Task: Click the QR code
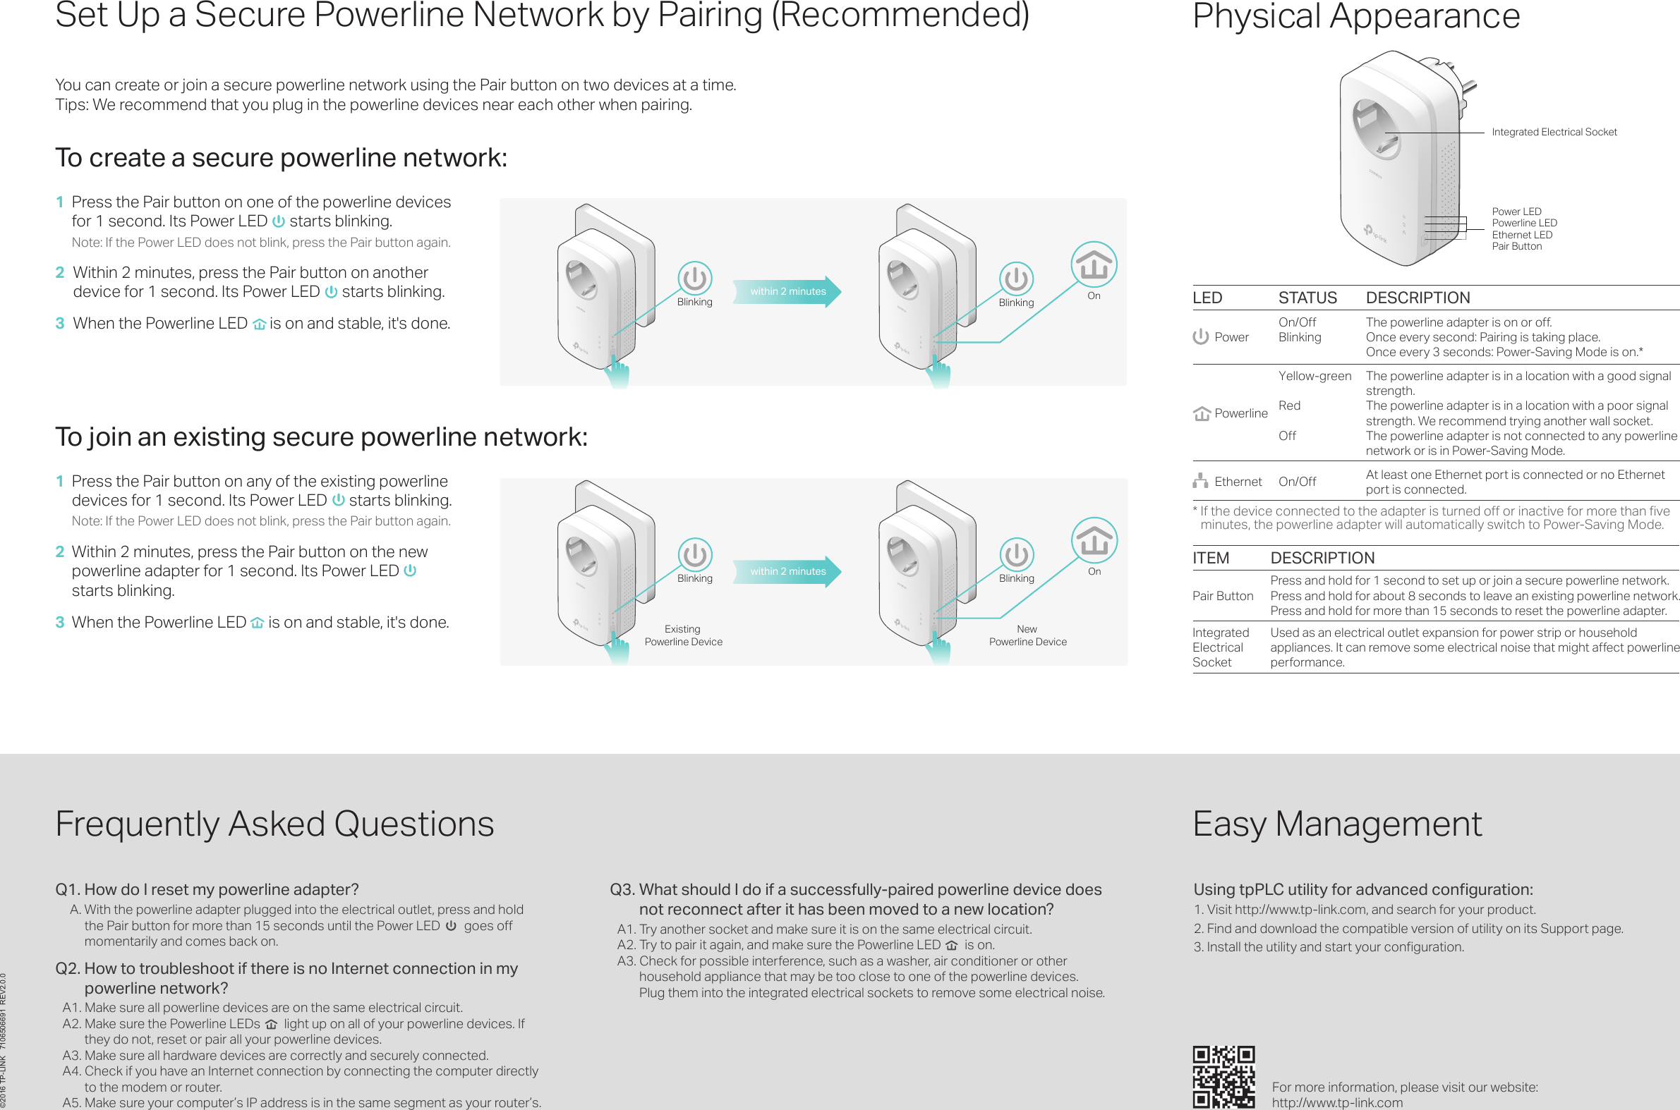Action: (x=1223, y=1077)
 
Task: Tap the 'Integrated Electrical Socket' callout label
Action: (x=1554, y=133)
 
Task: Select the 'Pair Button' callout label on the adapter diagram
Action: (x=1516, y=246)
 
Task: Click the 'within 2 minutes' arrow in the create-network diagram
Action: (x=787, y=291)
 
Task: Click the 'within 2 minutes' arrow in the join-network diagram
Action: (x=787, y=571)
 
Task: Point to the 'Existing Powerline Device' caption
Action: (x=683, y=635)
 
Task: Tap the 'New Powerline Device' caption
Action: (x=1027, y=635)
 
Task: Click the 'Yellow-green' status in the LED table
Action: (x=1315, y=376)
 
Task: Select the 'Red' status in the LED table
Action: (x=1289, y=405)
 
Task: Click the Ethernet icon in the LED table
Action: (x=1199, y=481)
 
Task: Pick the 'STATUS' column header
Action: (x=1307, y=298)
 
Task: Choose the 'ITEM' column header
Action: (x=1210, y=558)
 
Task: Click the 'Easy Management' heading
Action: (x=1336, y=824)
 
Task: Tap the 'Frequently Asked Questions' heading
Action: (x=274, y=824)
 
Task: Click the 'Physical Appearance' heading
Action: (x=1355, y=16)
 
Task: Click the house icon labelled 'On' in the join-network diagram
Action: (x=1094, y=540)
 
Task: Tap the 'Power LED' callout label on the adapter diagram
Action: (x=1516, y=212)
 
